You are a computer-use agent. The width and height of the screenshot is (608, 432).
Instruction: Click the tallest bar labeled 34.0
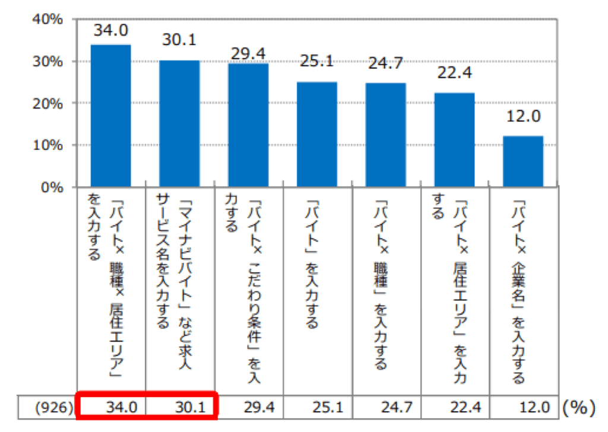pyautogui.click(x=111, y=116)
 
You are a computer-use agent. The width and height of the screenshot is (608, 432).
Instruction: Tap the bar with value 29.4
pyautogui.click(x=248, y=125)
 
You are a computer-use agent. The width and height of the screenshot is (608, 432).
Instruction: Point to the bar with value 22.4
pyautogui.click(x=454, y=139)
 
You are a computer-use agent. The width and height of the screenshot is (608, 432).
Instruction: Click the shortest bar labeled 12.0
pyautogui.click(x=523, y=161)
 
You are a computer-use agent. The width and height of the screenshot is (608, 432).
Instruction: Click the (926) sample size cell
pyautogui.click(x=53, y=407)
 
